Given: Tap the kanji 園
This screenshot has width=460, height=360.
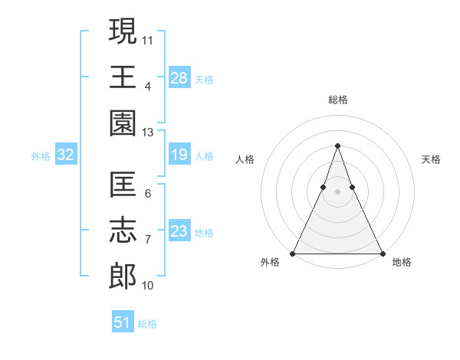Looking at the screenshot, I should point(123,122).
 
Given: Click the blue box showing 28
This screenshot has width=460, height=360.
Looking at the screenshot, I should point(179,78).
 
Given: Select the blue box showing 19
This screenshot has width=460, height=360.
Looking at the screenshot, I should point(179,155).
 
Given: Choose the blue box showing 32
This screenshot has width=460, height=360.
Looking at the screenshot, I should point(66,155).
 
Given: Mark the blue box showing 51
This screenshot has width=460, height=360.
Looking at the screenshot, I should point(123,322).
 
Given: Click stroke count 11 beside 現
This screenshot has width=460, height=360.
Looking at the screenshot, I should point(149,39).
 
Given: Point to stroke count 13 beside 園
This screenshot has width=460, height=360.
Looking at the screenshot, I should point(148,132).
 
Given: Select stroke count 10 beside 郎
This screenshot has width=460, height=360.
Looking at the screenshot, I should point(148,285).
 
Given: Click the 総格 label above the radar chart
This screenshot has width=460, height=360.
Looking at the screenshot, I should point(337,100).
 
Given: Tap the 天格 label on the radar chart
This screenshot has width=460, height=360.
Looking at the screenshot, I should point(431,159).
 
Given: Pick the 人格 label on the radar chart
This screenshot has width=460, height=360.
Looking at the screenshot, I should point(245,159).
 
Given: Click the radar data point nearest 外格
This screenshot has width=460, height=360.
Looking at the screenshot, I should point(293,254).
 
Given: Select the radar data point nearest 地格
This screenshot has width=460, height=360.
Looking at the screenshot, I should point(382,254).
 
